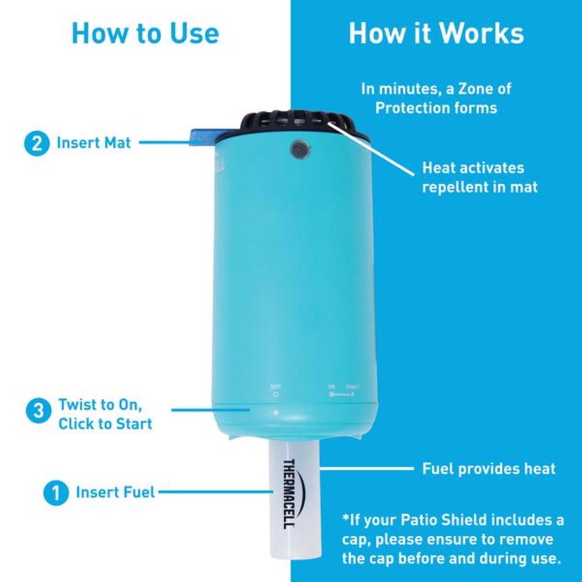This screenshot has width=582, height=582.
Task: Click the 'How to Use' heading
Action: (x=145, y=33)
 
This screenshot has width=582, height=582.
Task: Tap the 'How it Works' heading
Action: (x=436, y=33)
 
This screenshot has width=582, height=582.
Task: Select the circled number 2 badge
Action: (x=37, y=144)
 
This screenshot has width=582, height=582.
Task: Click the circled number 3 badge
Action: (x=38, y=411)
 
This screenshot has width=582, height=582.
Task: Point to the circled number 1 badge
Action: (x=56, y=493)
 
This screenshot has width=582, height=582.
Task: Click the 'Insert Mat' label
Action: (x=94, y=143)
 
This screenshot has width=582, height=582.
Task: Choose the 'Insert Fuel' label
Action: (x=115, y=492)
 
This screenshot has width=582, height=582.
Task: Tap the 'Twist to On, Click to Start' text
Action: (x=105, y=414)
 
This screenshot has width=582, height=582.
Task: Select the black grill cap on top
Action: (x=295, y=122)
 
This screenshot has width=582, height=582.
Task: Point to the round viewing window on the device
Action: (x=300, y=149)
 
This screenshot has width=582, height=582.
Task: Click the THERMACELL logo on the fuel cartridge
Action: (x=289, y=494)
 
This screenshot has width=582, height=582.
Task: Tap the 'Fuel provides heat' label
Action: (x=488, y=469)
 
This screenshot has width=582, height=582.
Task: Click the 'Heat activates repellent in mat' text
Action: (x=480, y=177)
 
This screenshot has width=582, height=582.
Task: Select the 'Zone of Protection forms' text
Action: (x=436, y=99)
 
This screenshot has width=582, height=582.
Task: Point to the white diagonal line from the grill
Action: (x=372, y=149)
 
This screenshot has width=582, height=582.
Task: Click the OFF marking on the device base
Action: (x=275, y=387)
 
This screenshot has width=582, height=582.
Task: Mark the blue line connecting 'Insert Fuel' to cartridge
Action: (x=215, y=492)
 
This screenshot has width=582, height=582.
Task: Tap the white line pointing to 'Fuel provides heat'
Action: (x=367, y=469)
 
